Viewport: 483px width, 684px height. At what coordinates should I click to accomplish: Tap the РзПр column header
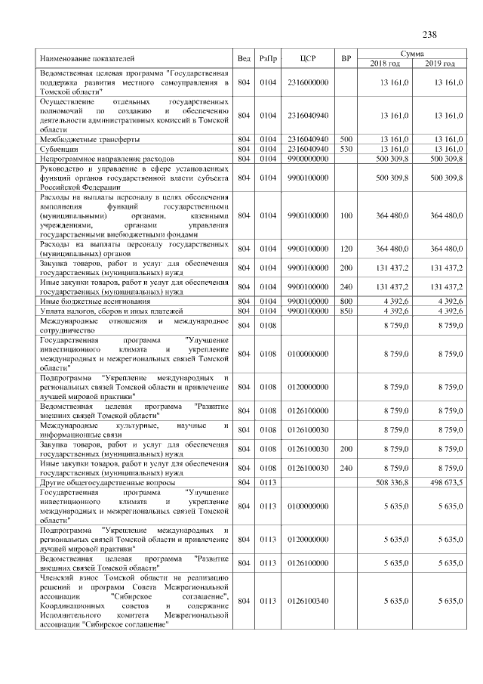click(268, 58)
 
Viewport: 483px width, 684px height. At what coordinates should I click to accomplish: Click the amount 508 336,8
click(392, 481)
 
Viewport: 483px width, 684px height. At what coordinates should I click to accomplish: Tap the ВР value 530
click(346, 149)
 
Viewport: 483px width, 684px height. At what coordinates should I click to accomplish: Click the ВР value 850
click(346, 311)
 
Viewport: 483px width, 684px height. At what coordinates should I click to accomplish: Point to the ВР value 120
click(346, 248)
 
